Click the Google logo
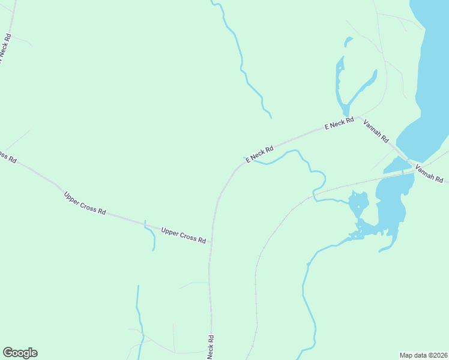point(20,353)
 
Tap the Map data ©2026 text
point(423,355)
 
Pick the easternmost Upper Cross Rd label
point(184,235)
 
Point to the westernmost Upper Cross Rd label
point(85,203)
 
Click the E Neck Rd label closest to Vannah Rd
point(340,123)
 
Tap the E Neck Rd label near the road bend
point(259,153)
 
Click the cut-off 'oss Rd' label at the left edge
point(7,157)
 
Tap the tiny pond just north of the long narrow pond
point(348,41)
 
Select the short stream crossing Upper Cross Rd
point(150,235)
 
